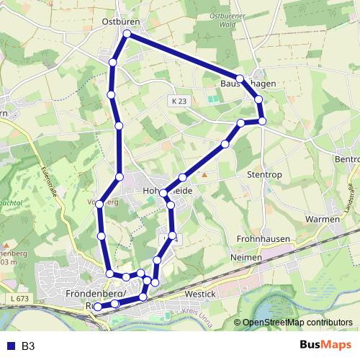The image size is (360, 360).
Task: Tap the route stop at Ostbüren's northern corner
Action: tap(127, 34)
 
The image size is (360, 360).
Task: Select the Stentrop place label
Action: tap(262, 174)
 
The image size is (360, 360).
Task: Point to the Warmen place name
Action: tap(322, 218)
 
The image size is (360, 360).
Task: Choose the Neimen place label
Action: tap(243, 256)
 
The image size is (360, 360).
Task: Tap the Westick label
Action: tap(199, 294)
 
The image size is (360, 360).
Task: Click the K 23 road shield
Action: tap(179, 102)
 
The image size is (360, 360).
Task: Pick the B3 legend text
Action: tap(28, 346)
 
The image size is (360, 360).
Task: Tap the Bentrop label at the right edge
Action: tap(347, 158)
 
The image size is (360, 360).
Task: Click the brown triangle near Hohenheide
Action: tap(204, 175)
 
